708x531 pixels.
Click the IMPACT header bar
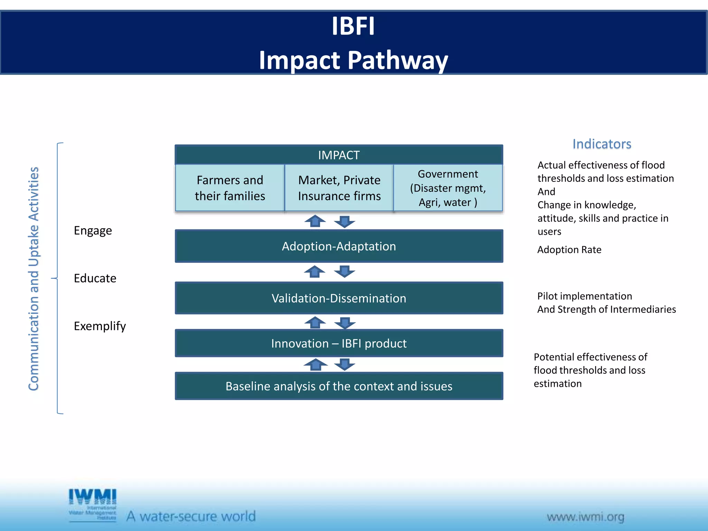(x=339, y=155)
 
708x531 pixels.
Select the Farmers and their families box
(x=230, y=188)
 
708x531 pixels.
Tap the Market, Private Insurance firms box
(x=339, y=188)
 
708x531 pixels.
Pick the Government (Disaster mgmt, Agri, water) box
(x=448, y=188)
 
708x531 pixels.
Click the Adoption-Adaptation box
(x=339, y=246)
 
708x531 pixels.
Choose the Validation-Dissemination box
(x=339, y=298)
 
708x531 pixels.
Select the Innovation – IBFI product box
(x=339, y=343)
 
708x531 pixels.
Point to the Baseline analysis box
(x=339, y=386)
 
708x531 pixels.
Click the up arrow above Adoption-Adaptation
(x=315, y=221)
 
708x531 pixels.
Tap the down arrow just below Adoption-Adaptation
(x=345, y=271)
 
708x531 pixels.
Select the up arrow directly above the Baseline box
(x=315, y=364)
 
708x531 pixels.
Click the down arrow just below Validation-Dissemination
(x=345, y=323)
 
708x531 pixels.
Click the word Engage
(x=93, y=231)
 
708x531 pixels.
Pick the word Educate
(x=95, y=278)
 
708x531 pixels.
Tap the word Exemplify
(x=100, y=326)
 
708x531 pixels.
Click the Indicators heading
(x=602, y=144)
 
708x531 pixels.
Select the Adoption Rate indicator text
(x=569, y=250)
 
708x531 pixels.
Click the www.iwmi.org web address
(x=585, y=517)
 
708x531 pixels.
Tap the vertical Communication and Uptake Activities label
(x=34, y=278)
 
